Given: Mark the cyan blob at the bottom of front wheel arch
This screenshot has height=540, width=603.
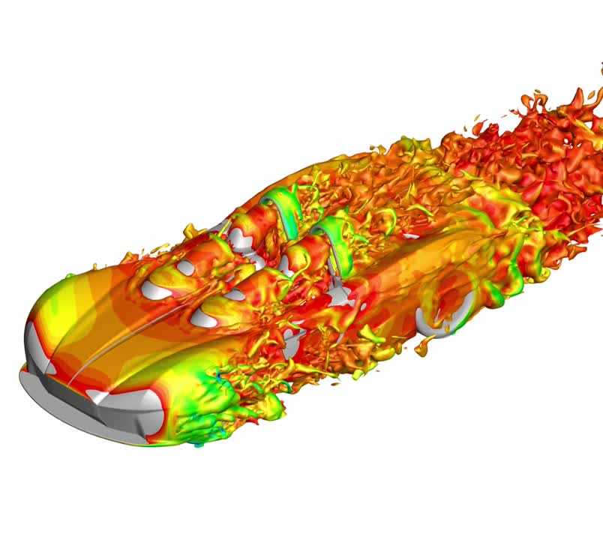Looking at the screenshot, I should click(x=198, y=445).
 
